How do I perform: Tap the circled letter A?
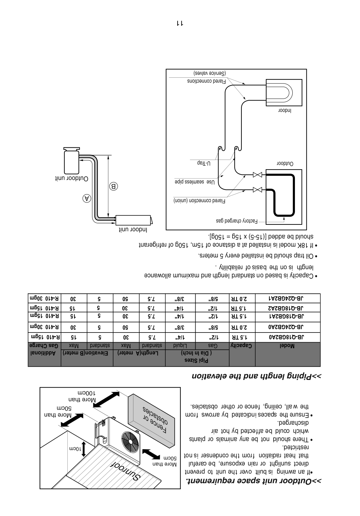pyautogui.click(x=86, y=197)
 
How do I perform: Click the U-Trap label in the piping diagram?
pyautogui.click(x=204, y=163)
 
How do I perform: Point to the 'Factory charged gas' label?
pyautogui.click(x=237, y=222)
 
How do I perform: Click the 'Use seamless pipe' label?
pyautogui.click(x=195, y=182)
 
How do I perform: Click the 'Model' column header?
pyautogui.click(x=287, y=346)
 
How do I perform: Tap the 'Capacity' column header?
pyautogui.click(x=242, y=346)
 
